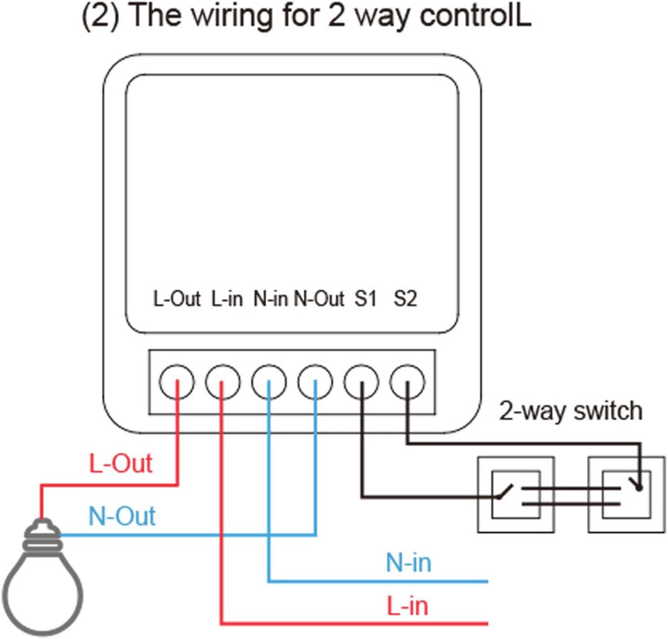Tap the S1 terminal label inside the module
tap(365, 299)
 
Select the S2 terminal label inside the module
tap(405, 299)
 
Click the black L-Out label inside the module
tap(176, 299)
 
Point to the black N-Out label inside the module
tap(319, 299)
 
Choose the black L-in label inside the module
tap(226, 299)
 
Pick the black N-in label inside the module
tap(271, 299)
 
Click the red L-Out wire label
tap(120, 464)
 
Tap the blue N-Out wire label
tap(122, 516)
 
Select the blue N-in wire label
tap(408, 562)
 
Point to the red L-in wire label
tap(407, 606)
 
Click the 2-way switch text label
tap(571, 410)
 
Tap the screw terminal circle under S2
tap(407, 382)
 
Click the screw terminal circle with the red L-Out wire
tap(177, 382)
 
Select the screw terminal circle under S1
tap(361, 382)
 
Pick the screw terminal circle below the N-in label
tap(269, 382)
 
